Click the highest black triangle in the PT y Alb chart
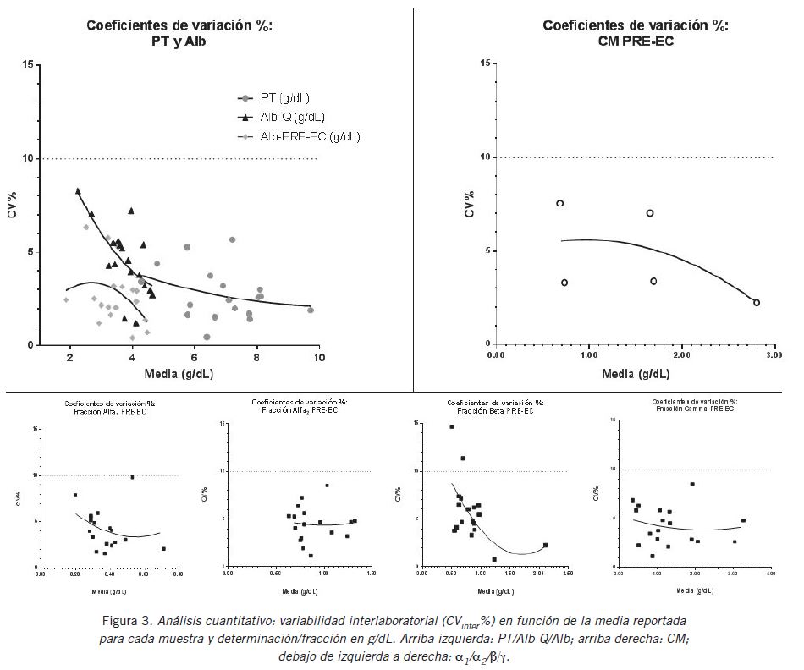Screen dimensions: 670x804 (x=78, y=191)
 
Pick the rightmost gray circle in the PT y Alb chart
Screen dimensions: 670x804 (x=311, y=310)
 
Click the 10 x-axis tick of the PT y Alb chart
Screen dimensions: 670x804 (x=319, y=359)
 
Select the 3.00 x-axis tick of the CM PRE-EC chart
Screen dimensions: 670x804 (x=773, y=357)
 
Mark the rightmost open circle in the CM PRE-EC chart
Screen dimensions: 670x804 (x=757, y=302)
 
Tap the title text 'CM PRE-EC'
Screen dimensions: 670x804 (x=635, y=40)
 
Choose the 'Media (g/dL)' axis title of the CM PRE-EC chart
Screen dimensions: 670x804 (x=635, y=373)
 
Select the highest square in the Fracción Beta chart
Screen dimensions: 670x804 (x=452, y=426)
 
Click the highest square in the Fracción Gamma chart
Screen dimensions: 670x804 (x=691, y=484)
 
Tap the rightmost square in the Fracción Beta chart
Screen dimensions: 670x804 (x=546, y=545)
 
